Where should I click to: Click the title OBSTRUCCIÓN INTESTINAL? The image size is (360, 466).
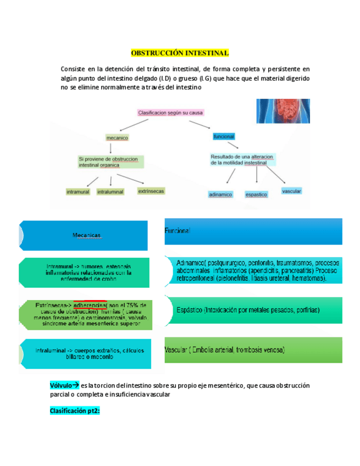[x=180, y=53]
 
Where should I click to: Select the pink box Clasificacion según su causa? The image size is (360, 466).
[x=170, y=113]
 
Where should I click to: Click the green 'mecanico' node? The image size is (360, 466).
[x=117, y=138]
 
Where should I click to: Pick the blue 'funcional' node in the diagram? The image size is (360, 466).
[x=224, y=136]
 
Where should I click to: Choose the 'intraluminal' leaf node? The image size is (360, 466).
[x=110, y=192]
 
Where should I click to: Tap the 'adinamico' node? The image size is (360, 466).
[x=220, y=195]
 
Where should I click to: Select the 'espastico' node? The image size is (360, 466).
[x=256, y=195]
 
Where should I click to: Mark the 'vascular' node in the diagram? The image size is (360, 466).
[x=291, y=191]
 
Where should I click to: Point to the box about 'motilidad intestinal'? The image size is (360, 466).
[x=242, y=159]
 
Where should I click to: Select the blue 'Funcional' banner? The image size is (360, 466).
[x=253, y=231]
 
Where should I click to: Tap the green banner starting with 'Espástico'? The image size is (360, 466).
[x=253, y=310]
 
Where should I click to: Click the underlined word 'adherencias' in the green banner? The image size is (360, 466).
[x=90, y=305]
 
